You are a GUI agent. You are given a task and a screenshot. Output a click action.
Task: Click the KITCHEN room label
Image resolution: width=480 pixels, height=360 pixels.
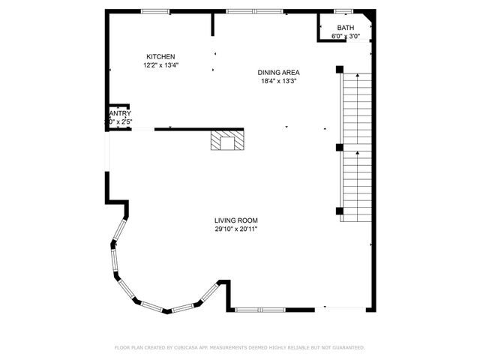pyautogui.click(x=160, y=57)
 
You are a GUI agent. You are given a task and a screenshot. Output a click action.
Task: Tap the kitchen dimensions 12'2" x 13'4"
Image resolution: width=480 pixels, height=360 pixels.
pyautogui.click(x=160, y=65)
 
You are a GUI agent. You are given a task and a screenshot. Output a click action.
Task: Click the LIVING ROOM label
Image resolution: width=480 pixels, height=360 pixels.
pyautogui.click(x=236, y=220)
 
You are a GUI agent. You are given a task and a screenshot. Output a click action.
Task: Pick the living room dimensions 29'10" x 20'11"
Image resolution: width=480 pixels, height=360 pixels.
pyautogui.click(x=236, y=229)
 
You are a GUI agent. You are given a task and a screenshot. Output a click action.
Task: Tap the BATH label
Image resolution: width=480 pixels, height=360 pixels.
pyautogui.click(x=346, y=28)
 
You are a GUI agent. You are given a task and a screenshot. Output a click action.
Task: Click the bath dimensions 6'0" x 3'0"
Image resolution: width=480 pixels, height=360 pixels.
pyautogui.click(x=346, y=36)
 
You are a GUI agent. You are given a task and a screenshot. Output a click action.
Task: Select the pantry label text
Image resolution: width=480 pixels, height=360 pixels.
pyautogui.click(x=120, y=114)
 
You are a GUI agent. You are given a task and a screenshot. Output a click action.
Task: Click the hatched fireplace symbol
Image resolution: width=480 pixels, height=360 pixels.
pyautogui.click(x=226, y=140)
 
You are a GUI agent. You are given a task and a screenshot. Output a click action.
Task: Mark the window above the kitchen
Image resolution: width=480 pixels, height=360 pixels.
pyautogui.click(x=155, y=11)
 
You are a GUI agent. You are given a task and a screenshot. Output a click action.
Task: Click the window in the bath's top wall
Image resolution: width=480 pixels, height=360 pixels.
pyautogui.click(x=343, y=11)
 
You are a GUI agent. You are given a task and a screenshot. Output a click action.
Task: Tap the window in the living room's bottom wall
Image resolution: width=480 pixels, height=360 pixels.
pyautogui.click(x=259, y=308)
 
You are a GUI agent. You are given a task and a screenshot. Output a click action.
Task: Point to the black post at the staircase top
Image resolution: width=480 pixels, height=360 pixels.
pyautogui.click(x=340, y=70)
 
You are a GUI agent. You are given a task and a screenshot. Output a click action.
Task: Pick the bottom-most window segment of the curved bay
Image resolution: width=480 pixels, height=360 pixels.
pyautogui.click(x=154, y=306)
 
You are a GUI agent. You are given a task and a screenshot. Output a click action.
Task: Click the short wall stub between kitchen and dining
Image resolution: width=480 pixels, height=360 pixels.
pyautogui.click(x=213, y=24)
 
